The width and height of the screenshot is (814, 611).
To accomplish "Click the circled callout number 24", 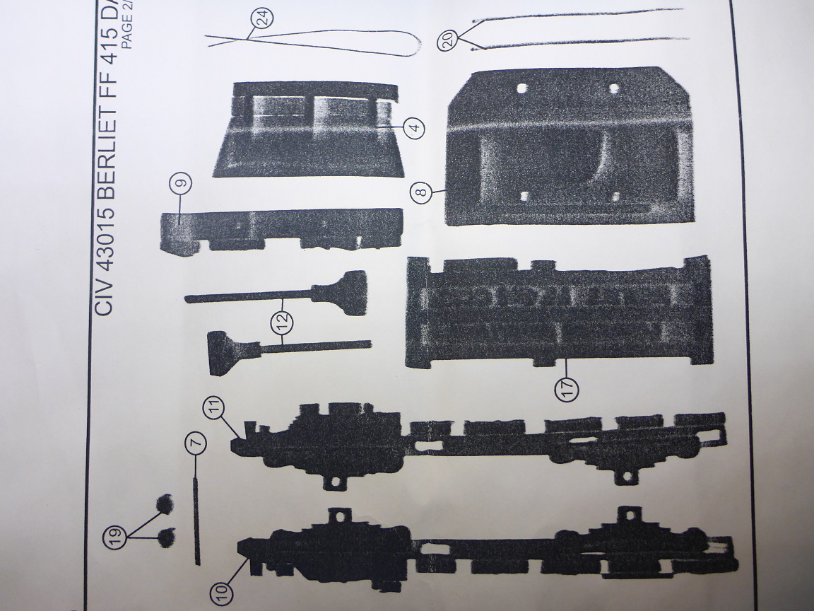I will (264, 19).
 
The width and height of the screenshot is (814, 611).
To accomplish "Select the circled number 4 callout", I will (415, 128).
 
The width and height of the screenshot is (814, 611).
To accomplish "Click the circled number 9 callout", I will (181, 183).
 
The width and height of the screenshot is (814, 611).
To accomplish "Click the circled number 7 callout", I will (196, 443).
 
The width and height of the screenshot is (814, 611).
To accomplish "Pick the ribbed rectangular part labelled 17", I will (558, 311).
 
